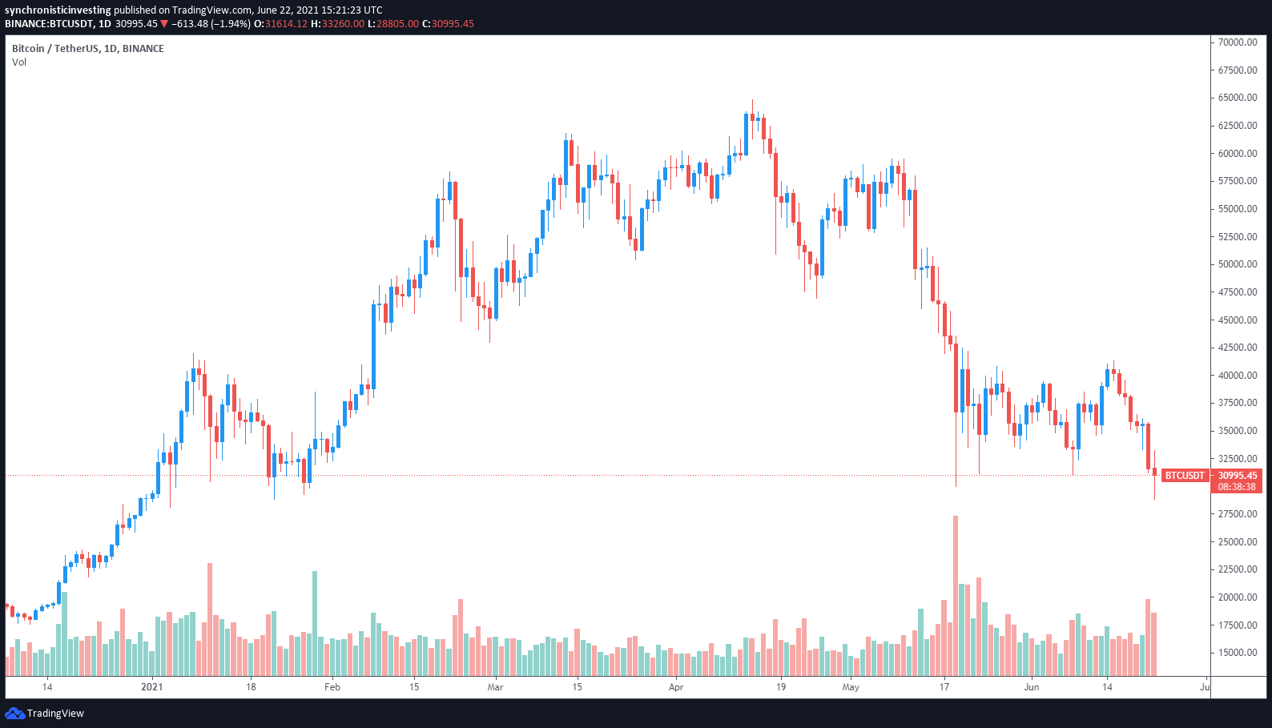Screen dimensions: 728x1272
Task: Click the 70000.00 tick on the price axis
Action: coord(1238,42)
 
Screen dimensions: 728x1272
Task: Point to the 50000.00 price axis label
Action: coord(1238,264)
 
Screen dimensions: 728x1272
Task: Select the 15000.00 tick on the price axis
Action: coord(1238,653)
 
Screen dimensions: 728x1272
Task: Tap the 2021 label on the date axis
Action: coord(151,687)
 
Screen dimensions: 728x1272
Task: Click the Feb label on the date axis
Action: coord(332,687)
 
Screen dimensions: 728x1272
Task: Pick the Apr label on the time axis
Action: coord(676,687)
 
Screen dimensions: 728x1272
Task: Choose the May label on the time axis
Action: coord(851,687)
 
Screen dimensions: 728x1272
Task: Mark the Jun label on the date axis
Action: coord(1032,687)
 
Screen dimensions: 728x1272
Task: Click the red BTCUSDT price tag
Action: coord(1184,476)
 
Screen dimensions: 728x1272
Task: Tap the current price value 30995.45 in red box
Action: coord(1238,476)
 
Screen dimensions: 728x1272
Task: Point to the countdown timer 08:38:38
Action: coord(1238,487)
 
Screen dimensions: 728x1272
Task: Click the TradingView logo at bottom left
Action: coord(45,714)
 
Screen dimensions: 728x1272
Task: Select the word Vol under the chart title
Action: coord(19,62)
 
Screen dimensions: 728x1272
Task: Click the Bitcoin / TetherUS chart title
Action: coord(87,49)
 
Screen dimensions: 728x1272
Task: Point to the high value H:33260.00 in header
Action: coord(337,24)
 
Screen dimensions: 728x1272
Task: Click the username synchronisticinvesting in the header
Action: coord(58,10)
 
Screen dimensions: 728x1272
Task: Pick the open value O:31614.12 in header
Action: coord(281,24)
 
